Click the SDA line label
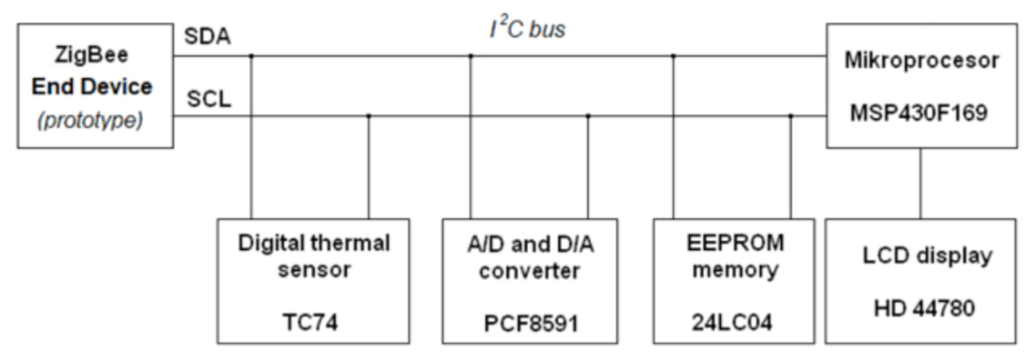207,36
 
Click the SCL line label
209,99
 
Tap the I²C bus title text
527,29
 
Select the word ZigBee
92,55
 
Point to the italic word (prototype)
90,120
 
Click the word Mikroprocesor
922,60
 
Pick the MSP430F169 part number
919,113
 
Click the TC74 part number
310,322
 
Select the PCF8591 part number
531,324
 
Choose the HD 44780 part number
924,308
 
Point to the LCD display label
927,256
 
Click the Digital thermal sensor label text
314,256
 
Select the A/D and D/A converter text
530,257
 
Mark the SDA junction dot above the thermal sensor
251,56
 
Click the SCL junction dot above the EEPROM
791,116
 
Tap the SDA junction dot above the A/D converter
471,56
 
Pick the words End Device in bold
92,87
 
